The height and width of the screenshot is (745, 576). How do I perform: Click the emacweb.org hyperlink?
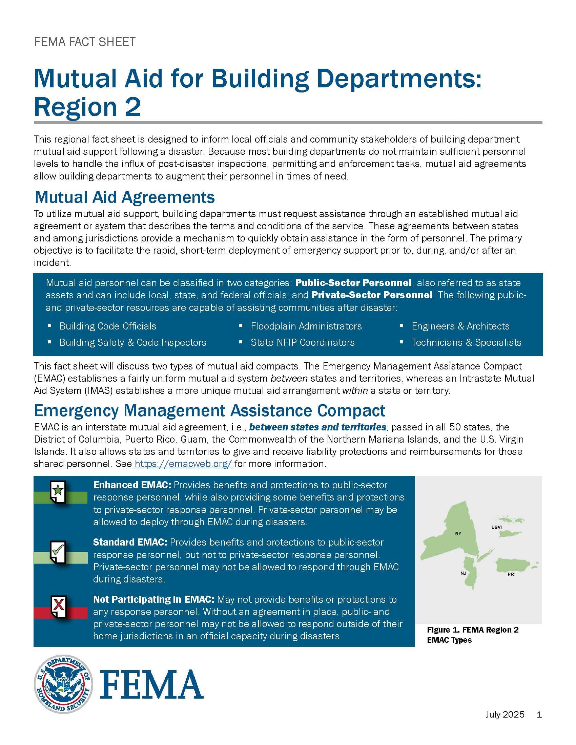183,464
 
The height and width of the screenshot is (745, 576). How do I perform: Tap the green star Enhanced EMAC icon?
58,492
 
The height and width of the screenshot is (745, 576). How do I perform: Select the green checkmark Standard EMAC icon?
58,552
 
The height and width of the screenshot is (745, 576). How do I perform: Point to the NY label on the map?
458,533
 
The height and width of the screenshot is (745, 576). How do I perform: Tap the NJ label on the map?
463,573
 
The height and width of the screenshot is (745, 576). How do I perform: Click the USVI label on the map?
496,527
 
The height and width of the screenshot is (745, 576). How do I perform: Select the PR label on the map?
511,574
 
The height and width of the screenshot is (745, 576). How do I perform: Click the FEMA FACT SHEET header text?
85,42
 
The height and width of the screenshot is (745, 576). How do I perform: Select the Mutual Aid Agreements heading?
125,197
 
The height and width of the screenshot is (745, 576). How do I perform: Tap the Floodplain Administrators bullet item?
306,326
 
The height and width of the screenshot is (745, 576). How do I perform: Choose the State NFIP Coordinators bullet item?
302,342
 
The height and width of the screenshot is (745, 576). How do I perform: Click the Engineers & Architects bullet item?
460,326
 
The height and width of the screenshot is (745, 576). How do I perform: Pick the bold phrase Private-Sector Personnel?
372,295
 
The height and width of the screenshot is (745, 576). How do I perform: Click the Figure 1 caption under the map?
473,635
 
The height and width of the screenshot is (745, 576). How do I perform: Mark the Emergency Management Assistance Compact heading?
209,410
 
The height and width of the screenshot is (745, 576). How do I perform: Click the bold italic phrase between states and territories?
318,427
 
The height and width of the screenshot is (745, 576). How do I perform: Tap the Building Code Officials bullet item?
107,326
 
